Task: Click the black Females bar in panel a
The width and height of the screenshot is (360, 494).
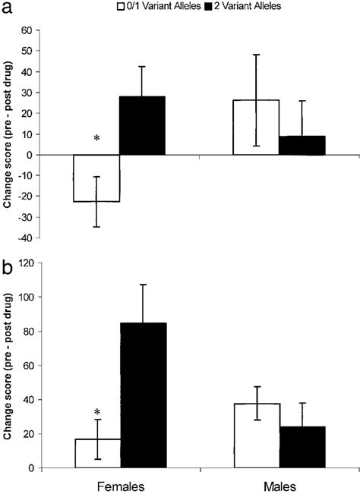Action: (144, 126)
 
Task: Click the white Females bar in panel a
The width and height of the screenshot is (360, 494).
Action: (97, 178)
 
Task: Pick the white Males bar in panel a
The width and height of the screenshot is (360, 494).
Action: (256, 127)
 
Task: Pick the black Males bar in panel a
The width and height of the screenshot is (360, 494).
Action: (302, 146)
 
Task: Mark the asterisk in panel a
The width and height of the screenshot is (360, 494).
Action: (96, 140)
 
